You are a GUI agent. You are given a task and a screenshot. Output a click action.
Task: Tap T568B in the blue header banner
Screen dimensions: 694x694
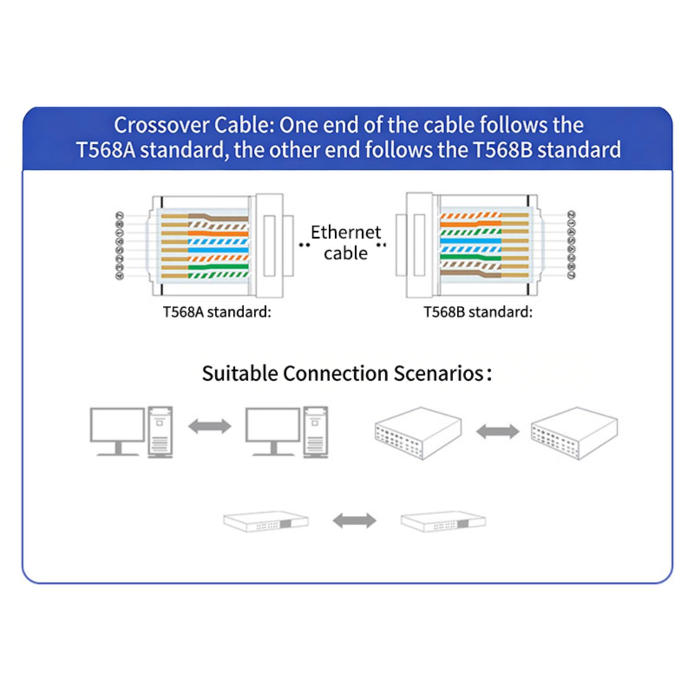coord(502,150)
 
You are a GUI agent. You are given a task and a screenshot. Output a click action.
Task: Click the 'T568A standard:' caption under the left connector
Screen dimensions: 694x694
coord(217,312)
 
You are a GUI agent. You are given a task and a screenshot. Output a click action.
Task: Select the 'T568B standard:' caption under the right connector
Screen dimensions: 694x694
coord(478,312)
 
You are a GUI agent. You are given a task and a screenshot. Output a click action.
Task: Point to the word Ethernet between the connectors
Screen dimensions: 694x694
coord(346,232)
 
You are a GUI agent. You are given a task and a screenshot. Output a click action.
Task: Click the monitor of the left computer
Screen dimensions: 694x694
coord(117,425)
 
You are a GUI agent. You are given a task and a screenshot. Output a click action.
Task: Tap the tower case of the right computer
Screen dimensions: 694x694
coord(315,432)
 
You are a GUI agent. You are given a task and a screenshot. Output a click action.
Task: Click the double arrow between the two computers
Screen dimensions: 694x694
coord(210,426)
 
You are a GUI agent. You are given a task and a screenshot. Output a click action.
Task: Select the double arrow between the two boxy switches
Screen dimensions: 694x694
coord(498,432)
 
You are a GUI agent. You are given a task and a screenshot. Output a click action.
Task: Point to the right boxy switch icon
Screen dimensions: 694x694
coord(574,433)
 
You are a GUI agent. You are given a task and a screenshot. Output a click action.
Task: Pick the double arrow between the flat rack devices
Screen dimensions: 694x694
coord(354,520)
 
